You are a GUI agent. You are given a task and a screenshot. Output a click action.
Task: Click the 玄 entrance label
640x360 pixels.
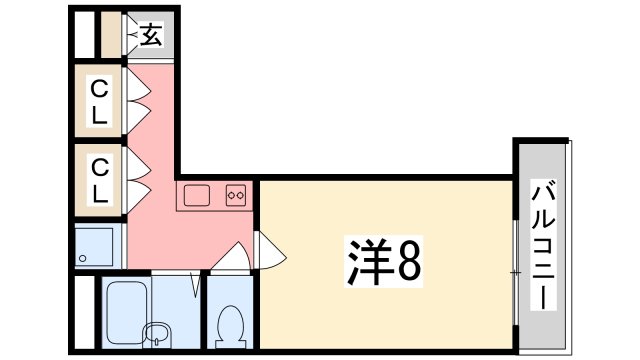click(150, 37)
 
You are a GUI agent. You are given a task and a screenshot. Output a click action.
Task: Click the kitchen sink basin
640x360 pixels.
click(195, 195)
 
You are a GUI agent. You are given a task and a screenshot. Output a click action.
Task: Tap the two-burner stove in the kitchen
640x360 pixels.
click(237, 195)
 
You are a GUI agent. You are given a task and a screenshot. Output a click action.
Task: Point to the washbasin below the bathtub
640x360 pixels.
click(157, 333)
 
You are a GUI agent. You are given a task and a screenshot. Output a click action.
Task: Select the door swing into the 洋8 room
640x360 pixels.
click(267, 250)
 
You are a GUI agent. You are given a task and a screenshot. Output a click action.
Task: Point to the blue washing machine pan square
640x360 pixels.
click(97, 246)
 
